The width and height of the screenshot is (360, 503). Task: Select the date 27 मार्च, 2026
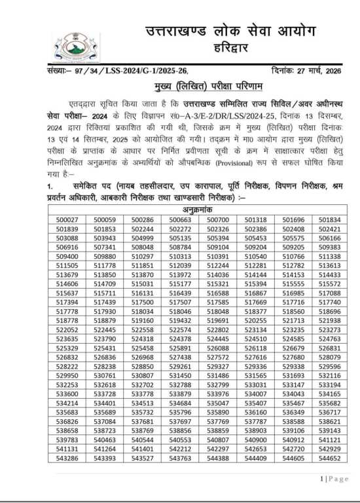click(x=319, y=71)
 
